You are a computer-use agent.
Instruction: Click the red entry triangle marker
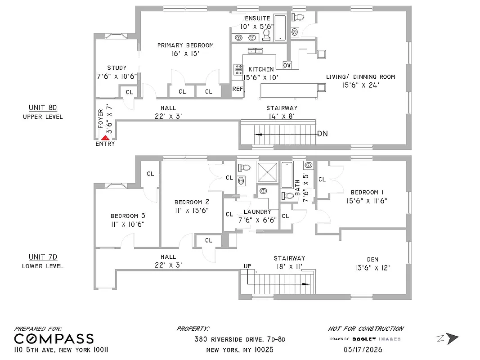(105, 138)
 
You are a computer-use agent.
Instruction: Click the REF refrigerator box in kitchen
(238, 89)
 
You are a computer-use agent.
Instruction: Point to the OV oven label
(287, 65)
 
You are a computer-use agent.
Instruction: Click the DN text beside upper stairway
(322, 134)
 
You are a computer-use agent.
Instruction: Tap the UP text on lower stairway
(247, 266)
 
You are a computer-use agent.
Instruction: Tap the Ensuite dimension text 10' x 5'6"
(257, 26)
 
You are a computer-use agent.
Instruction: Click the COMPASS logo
(54, 339)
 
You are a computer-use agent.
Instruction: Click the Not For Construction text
(365, 329)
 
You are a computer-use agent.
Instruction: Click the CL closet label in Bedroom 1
(322, 180)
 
